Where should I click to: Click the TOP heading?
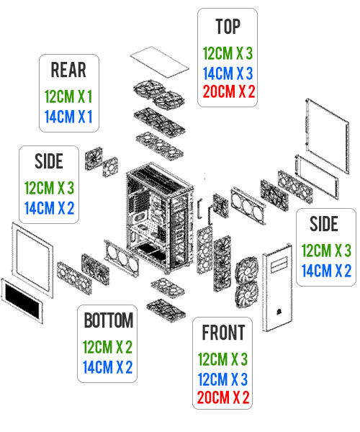[x=228, y=27]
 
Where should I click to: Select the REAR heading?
[x=68, y=70]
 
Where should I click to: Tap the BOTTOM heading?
[x=109, y=320]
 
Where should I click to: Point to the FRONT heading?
[x=224, y=333]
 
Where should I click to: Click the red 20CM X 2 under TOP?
[x=228, y=91]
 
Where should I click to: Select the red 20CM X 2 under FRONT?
[x=224, y=397]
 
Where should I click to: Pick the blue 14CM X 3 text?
[x=228, y=72]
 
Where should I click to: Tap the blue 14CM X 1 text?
[x=68, y=116]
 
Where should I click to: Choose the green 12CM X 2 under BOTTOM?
[x=109, y=347]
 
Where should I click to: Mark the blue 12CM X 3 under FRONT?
[x=224, y=377]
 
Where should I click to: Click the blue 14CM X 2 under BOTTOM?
[x=109, y=367]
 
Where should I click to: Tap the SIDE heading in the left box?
[x=48, y=161]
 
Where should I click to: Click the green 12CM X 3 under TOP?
[x=228, y=53]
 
